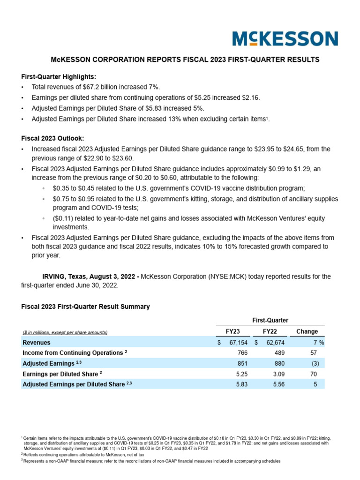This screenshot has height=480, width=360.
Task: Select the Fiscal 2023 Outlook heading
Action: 52,138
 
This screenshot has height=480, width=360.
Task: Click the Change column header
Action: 307,331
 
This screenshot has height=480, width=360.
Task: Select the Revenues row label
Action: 37,343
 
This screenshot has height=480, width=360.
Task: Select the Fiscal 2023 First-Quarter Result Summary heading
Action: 85,307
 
